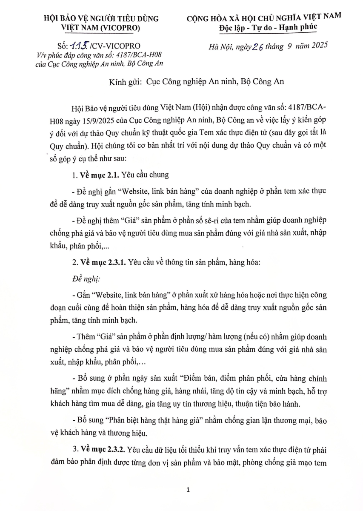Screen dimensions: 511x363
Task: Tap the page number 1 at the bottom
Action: point(188,491)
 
